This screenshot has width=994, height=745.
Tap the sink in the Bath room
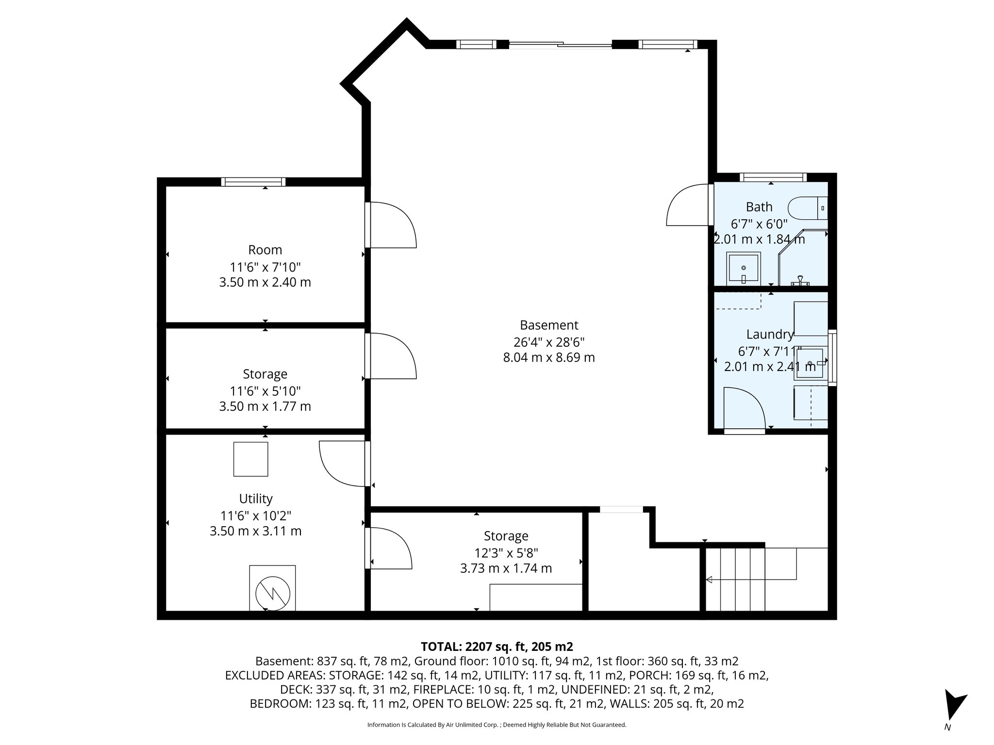coord(743,268)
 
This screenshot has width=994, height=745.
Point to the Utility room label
coord(256,499)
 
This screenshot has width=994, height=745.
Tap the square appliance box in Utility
coord(250,459)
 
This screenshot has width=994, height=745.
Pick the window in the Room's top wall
coord(253,182)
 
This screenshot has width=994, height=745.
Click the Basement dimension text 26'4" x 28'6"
coord(549,342)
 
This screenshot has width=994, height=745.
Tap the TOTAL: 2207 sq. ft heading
coord(497,647)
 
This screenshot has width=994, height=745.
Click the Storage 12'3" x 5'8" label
coord(506,536)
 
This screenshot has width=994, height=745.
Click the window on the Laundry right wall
coord(832,357)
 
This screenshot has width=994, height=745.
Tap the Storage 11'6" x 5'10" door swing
coord(391,356)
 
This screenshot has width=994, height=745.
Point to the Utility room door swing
coord(343,463)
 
